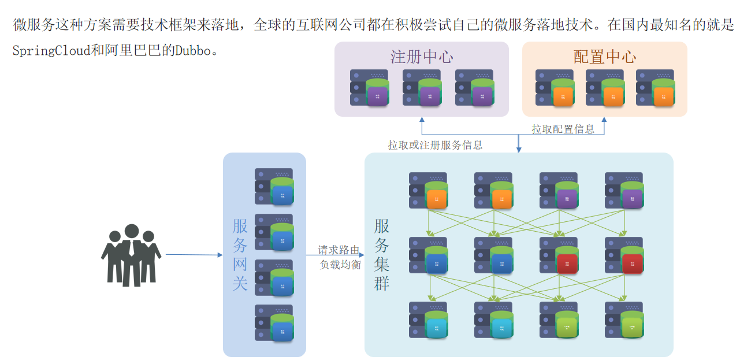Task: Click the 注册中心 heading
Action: click(x=421, y=57)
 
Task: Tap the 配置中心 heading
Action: click(x=604, y=57)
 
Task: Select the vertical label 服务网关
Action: click(x=240, y=254)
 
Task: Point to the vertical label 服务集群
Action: click(x=382, y=254)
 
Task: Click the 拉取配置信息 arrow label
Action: click(x=563, y=129)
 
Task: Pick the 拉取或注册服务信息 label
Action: click(x=435, y=145)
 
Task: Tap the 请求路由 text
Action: click(x=339, y=251)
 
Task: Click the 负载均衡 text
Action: click(x=340, y=265)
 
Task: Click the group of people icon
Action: click(x=131, y=255)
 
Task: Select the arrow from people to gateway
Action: click(x=194, y=254)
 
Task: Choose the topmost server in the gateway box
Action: click(x=274, y=186)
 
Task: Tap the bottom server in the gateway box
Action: click(x=274, y=322)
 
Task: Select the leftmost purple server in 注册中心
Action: click(x=369, y=87)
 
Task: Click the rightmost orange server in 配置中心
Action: click(x=655, y=87)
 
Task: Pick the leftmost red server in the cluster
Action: click(x=559, y=255)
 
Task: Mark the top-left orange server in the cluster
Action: click(x=428, y=190)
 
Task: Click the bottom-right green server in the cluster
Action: click(x=624, y=320)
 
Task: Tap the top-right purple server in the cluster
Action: click(x=624, y=190)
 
